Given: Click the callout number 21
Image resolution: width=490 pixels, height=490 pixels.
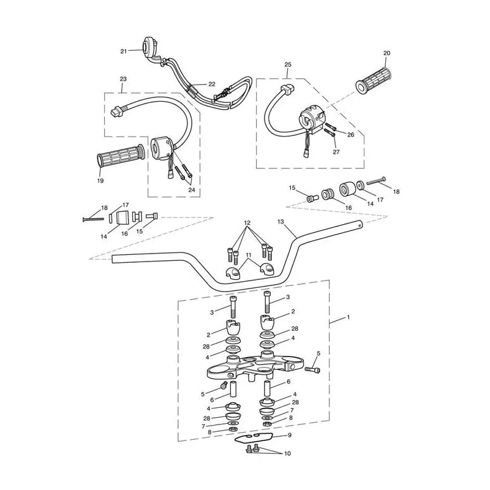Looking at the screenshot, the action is pos(124,51).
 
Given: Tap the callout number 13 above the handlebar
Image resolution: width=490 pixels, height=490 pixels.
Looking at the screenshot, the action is pos(281,222).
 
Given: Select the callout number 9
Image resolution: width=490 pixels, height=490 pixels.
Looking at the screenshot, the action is pos(290,435).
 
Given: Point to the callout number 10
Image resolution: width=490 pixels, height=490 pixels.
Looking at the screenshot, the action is pos(287,453).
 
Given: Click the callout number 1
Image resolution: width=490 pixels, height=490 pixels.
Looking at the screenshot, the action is pos(349,317).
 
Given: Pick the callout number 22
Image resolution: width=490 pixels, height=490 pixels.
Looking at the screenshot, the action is pos(212,84).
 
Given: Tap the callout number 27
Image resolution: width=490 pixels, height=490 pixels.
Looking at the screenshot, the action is pos(336,152).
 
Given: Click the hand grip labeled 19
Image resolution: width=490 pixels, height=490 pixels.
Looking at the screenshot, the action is pos(121,156).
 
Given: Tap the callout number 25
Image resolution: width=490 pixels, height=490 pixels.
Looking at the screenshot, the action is pos(288,64).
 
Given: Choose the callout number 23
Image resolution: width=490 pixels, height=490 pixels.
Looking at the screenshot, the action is pos(123,79).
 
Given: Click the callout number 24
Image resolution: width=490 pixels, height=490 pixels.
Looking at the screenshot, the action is pos(192,190).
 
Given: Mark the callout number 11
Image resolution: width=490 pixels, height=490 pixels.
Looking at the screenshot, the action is pos(249,255).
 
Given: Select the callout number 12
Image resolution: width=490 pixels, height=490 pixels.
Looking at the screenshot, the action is pos(247,223).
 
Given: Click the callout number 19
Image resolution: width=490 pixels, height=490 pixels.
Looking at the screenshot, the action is pos(100,181).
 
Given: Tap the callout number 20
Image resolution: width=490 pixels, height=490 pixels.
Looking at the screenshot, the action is pos(387,53).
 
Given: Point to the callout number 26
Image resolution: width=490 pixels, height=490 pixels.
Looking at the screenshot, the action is pos(350,135).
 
